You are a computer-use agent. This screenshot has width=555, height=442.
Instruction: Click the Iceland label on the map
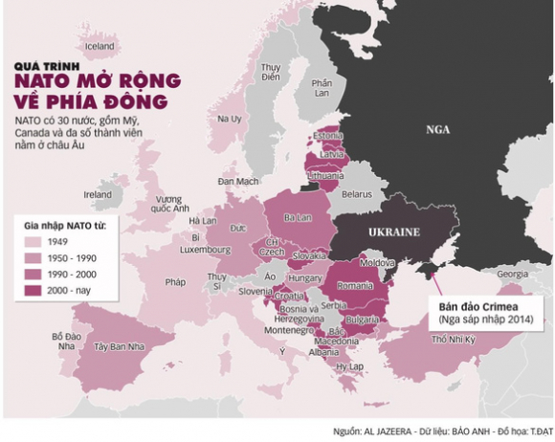pyautogui.click(x=100, y=45)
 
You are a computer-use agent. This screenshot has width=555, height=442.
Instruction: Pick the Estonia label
pyautogui.click(x=328, y=136)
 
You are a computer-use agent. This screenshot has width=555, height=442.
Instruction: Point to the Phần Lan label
pyautogui.click(x=322, y=89)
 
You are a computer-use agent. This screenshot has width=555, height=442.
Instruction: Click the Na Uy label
pyautogui.click(x=230, y=120)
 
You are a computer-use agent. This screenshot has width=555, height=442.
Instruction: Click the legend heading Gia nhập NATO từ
pyautogui.click(x=64, y=226)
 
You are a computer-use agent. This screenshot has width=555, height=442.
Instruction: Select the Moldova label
pyautogui.click(x=370, y=261)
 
